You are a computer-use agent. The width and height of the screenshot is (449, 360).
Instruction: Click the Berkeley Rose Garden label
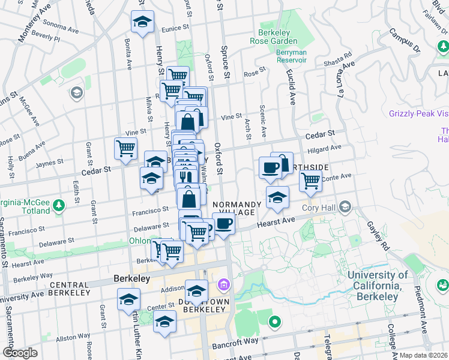coord(277,37)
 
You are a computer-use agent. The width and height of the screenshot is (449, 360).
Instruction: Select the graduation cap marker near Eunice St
coord(142,23)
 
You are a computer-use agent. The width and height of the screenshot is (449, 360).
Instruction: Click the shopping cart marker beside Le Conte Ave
coord(310,179)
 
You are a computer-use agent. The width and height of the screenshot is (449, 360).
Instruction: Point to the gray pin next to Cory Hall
coord(345,208)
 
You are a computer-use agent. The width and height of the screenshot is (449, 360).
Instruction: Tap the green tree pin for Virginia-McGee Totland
coord(59,206)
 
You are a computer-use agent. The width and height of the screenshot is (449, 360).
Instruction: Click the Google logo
coord(20,353)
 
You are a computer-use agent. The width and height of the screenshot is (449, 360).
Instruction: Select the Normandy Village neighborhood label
coord(237,208)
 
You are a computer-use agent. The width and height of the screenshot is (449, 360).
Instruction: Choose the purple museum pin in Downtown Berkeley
coord(224,284)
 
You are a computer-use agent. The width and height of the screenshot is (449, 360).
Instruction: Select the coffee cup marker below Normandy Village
coord(223,224)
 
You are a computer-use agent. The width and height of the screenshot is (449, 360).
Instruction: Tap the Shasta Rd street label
coord(339,58)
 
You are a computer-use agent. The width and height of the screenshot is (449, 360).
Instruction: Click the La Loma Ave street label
coord(342,81)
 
